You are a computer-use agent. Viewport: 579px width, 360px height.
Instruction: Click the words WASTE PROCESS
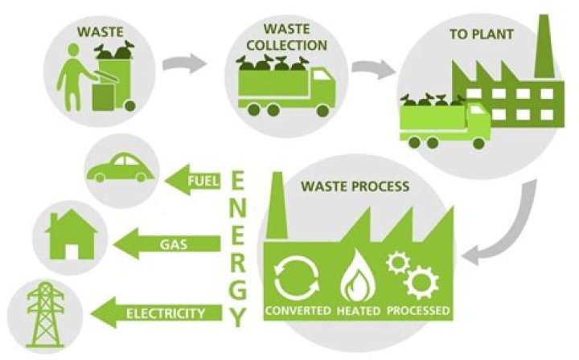355,186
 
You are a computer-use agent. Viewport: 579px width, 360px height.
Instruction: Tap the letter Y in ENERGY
238,317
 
